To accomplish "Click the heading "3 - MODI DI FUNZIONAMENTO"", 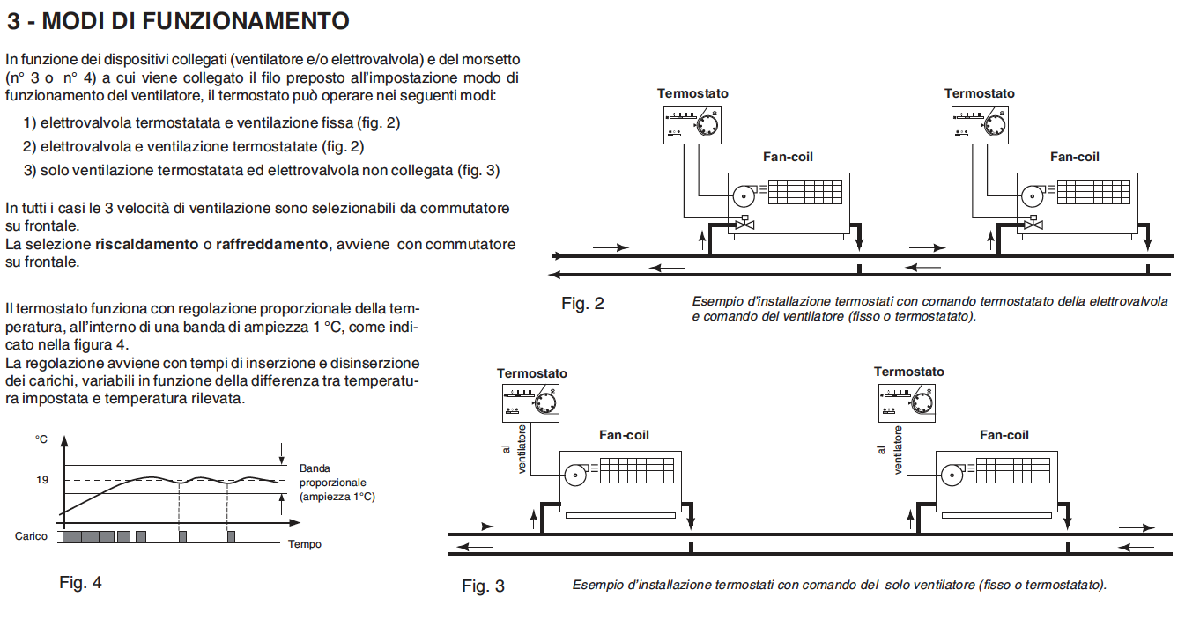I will coord(178,20).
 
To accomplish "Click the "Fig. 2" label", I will coord(582,304).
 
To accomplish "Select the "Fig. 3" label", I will coord(483,586).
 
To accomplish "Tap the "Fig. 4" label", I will coord(80,582).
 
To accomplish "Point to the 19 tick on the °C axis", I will coord(42,480).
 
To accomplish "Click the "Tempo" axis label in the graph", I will coord(305,544).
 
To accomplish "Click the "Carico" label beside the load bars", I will coord(31,535).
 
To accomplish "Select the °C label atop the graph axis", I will coord(41,439).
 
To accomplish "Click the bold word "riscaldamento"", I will coord(146,244).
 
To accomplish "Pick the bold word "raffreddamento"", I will coord(270,244).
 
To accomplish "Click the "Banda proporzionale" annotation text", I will coord(332,483).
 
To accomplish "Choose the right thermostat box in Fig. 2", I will coord(980,124).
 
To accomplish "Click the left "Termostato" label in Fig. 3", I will coord(532,373).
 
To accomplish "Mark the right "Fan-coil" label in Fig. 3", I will coord(1004,435).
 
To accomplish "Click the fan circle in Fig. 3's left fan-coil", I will coord(575,475).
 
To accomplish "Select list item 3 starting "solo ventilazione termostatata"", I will coord(262,171).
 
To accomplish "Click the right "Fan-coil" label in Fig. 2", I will coord(1074,157).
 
